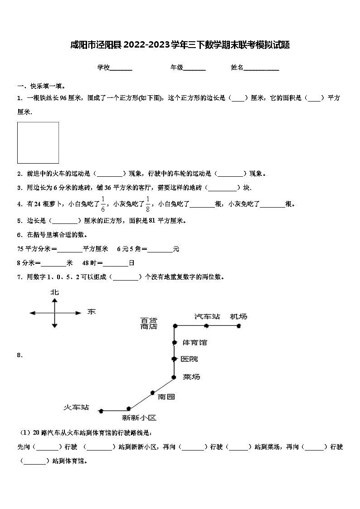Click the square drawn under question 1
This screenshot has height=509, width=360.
(38, 143)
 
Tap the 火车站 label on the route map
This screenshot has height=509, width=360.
(76, 407)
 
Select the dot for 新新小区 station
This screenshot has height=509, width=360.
(129, 408)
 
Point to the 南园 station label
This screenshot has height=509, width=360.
(166, 397)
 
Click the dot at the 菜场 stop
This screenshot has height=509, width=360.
(174, 377)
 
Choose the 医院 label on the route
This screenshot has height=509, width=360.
(189, 359)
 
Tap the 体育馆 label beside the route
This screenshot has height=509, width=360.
(194, 342)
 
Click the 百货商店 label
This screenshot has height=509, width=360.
(149, 323)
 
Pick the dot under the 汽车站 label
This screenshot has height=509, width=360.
(206, 325)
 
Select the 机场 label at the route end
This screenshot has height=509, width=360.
(238, 316)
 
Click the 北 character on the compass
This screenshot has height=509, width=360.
(54, 293)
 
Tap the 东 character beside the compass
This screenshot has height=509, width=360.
(92, 312)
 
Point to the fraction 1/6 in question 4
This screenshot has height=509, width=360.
(103, 204)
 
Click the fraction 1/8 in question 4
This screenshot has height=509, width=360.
(148, 204)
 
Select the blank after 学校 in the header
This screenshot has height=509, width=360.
(121, 68)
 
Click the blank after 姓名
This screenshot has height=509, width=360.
(262, 68)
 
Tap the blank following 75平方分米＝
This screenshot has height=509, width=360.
(70, 249)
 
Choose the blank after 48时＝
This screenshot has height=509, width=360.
(116, 263)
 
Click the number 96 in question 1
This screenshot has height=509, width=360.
(63, 98)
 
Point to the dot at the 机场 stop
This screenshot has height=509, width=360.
(238, 325)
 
